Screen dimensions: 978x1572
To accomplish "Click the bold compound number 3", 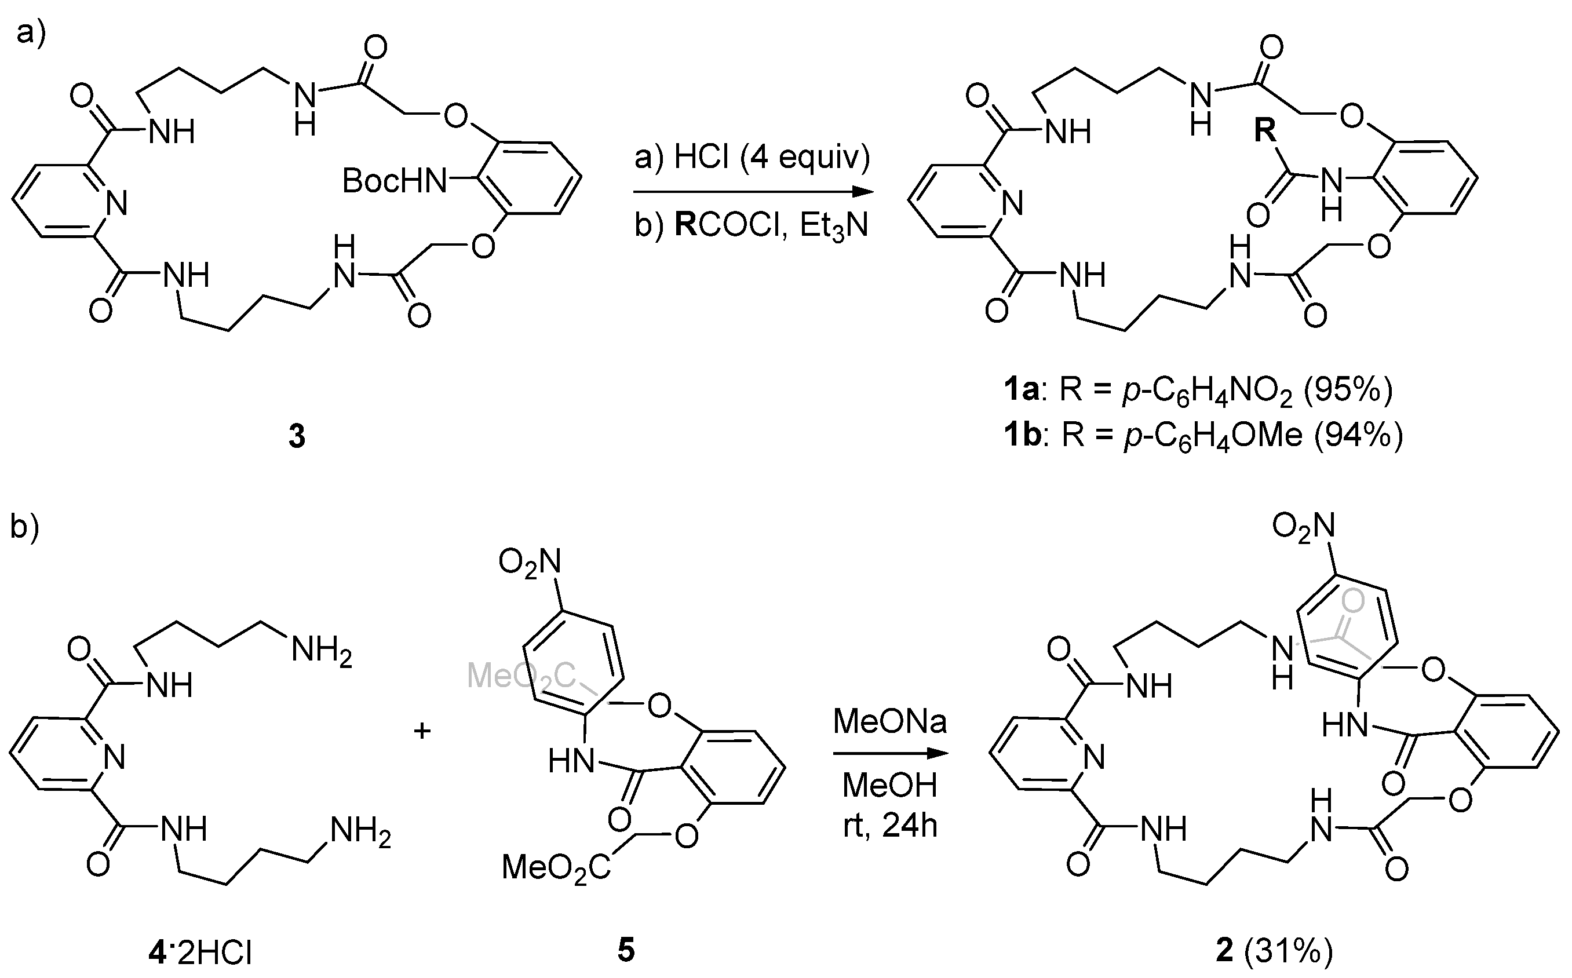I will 296,437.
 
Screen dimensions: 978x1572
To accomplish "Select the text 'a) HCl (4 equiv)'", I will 752,157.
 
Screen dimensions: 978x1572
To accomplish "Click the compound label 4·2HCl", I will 199,953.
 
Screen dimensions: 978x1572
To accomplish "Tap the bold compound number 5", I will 626,950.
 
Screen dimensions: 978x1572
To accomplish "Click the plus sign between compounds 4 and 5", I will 422,732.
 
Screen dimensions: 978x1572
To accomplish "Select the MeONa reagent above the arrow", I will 889,721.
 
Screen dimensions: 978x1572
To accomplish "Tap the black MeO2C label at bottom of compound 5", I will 556,867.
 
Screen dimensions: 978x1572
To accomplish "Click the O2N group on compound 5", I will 529,561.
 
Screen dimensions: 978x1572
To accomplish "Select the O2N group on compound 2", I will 1303,526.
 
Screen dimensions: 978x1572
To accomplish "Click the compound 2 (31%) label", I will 1274,950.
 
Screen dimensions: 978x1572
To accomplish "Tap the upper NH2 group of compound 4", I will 321,650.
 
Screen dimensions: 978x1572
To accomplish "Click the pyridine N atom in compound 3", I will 116,204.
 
